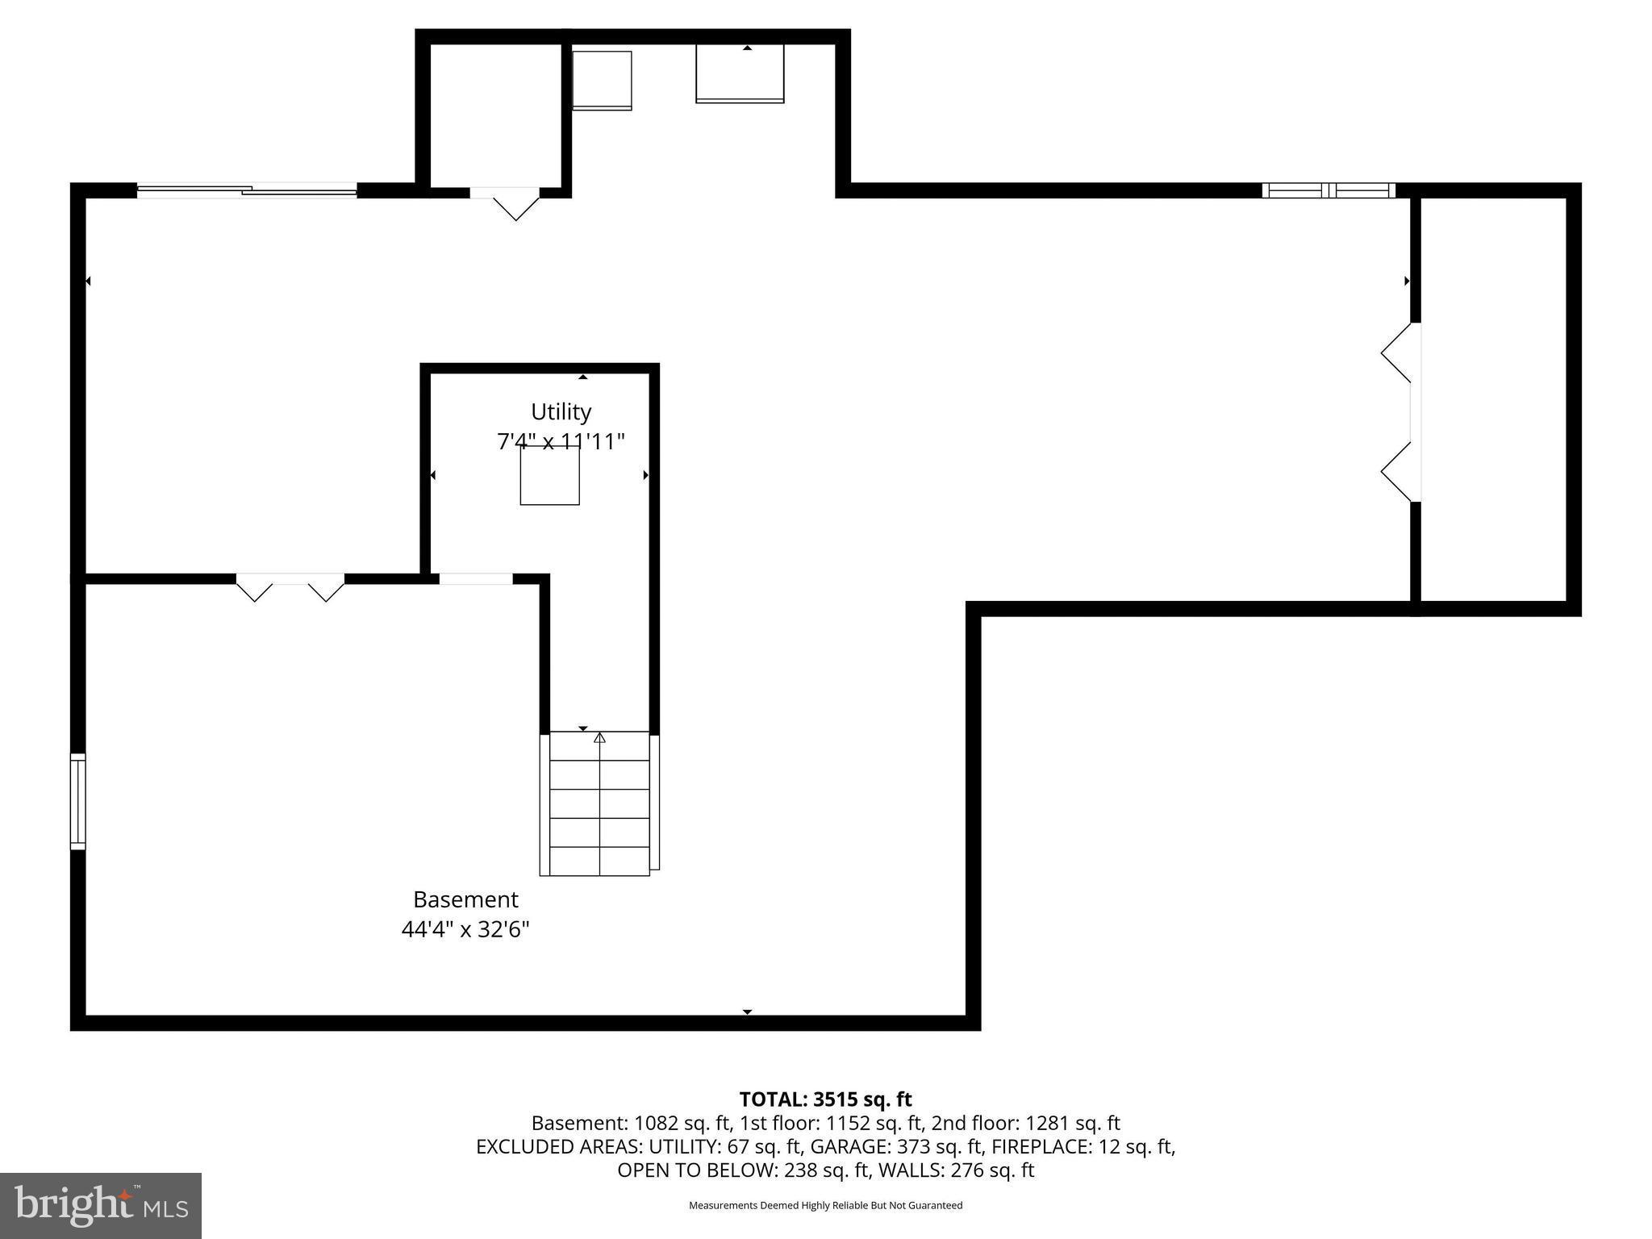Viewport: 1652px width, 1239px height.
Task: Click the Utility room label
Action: click(561, 412)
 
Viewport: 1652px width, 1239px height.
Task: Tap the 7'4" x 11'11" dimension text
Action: click(561, 442)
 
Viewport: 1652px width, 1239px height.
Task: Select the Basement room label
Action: click(465, 899)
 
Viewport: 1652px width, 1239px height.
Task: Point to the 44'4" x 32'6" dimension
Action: click(465, 930)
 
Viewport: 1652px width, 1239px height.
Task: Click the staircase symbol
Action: click(599, 804)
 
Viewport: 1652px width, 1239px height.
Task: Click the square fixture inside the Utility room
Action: click(549, 476)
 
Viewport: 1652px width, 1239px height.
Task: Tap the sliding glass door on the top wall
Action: click(247, 190)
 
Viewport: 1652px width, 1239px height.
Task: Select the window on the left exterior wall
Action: click(77, 801)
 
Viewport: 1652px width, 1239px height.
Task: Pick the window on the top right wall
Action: click(1328, 190)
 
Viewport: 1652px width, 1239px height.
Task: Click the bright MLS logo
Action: click(101, 1205)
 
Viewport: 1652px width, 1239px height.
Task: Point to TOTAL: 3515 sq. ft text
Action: click(825, 1099)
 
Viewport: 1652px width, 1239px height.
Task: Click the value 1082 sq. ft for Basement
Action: click(682, 1123)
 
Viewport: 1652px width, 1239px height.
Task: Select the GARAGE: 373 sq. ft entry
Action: click(897, 1146)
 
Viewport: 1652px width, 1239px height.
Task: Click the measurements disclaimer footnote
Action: click(825, 1205)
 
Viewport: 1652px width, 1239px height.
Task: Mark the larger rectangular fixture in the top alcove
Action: click(740, 73)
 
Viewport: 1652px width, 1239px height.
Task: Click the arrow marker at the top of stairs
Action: click(599, 737)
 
